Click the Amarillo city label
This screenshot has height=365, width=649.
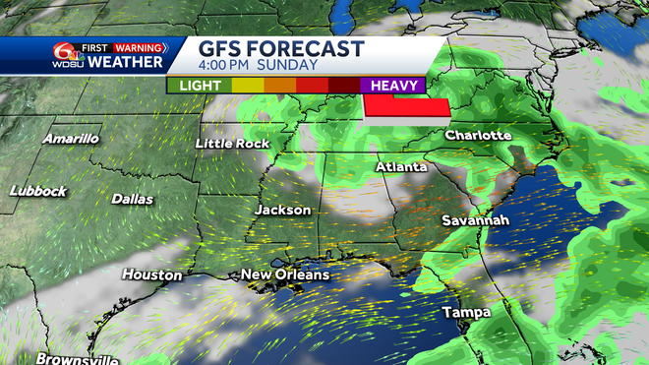pyautogui.click(x=71, y=139)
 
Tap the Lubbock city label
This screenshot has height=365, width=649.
pyautogui.click(x=38, y=189)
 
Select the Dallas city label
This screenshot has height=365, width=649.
pyautogui.click(x=132, y=199)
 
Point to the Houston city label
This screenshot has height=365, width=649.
pyautogui.click(x=152, y=275)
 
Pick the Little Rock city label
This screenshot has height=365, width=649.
pyautogui.click(x=232, y=144)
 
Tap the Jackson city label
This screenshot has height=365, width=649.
pyautogui.click(x=283, y=210)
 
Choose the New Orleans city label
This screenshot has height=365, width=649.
pyautogui.click(x=285, y=274)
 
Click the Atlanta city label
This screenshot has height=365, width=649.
pyautogui.click(x=401, y=167)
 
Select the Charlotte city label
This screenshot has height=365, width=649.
pyautogui.click(x=478, y=134)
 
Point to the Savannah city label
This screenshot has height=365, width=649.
pyautogui.click(x=475, y=220)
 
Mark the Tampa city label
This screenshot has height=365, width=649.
pyautogui.click(x=466, y=313)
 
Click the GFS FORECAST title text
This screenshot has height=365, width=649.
pyautogui.click(x=280, y=48)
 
